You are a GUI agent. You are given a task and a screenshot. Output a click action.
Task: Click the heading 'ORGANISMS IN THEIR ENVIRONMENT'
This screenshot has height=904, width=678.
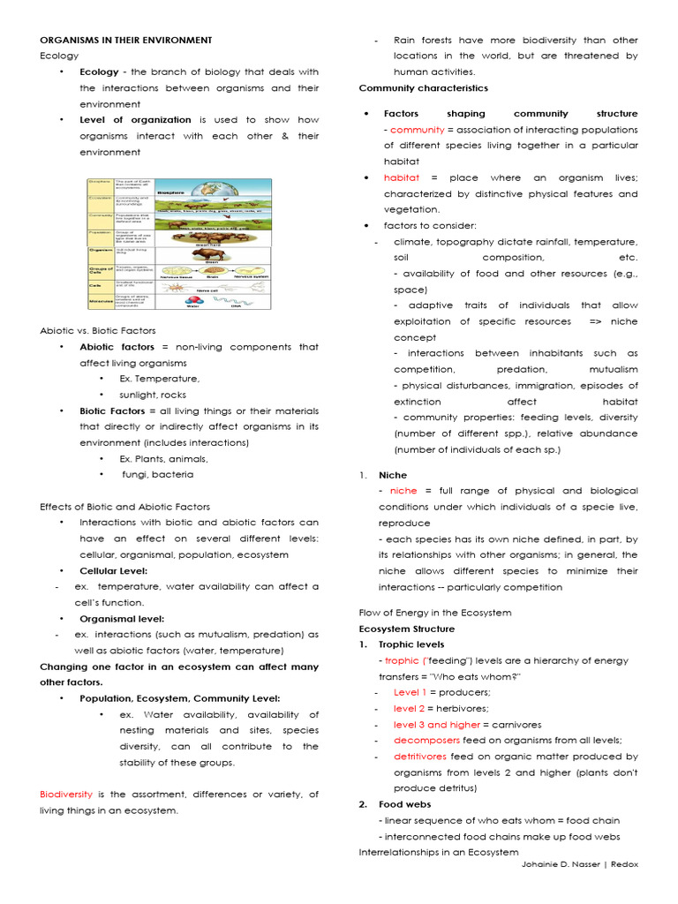(125, 40)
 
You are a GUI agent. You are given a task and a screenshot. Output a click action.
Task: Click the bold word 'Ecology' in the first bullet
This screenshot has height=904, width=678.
(98, 72)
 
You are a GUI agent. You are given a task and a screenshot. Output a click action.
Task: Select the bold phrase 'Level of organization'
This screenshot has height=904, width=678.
(135, 119)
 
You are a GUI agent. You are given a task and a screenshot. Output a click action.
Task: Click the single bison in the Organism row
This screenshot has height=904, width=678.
(211, 252)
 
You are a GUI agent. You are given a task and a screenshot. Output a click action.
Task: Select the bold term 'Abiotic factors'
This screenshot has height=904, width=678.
(117, 347)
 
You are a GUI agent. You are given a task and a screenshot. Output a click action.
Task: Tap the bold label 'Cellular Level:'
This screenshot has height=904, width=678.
(113, 570)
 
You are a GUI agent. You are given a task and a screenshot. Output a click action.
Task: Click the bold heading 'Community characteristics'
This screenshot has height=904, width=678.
(423, 87)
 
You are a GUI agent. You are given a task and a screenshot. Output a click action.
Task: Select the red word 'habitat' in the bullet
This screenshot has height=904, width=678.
(401, 177)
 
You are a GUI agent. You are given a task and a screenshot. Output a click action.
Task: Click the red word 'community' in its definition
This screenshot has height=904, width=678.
(418, 130)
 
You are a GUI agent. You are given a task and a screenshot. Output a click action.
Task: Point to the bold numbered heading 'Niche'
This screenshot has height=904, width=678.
(393, 475)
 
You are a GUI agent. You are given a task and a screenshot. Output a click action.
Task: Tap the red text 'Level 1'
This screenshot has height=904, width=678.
(409, 692)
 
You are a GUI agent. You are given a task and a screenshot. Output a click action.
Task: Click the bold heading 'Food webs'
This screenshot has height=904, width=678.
(403, 804)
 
